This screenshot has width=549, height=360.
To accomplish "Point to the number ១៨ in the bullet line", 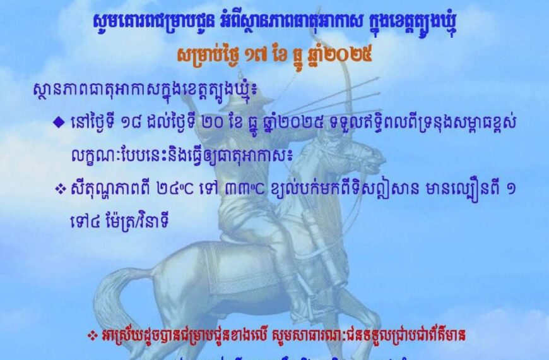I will (129, 123).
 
